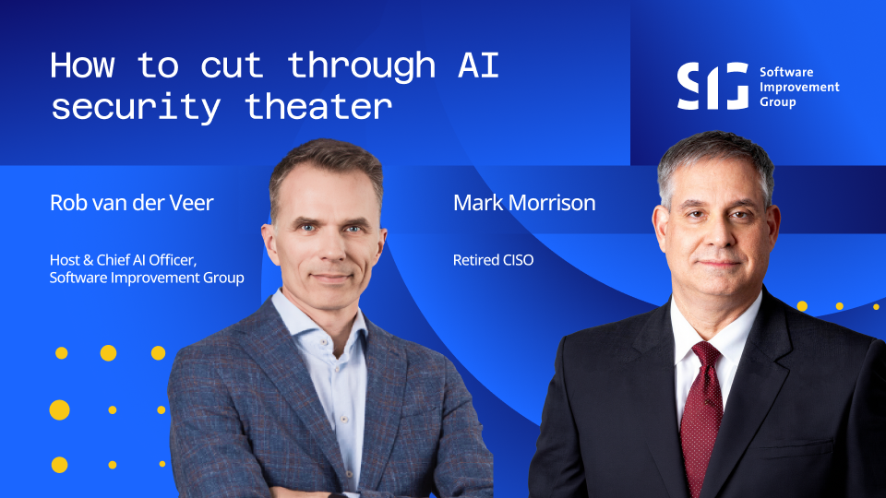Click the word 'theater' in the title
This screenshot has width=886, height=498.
pos(318,107)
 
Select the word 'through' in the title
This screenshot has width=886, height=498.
pos(362,66)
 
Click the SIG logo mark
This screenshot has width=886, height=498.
pos(712,86)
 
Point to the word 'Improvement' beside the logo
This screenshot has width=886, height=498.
pos(799,87)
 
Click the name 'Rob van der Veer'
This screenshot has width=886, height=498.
pos(132,203)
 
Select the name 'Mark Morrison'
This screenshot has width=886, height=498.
pos(524,203)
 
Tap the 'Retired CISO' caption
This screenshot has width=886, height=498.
pos(493,260)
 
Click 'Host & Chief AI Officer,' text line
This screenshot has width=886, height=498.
pos(123,260)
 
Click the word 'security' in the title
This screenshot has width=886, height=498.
pos(136,107)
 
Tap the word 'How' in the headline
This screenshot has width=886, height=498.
pos(82,65)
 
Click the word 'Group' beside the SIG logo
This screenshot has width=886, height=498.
pos(777,102)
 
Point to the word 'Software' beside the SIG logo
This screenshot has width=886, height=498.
pos(786,72)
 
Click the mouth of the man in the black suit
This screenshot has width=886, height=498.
pos(716,263)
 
